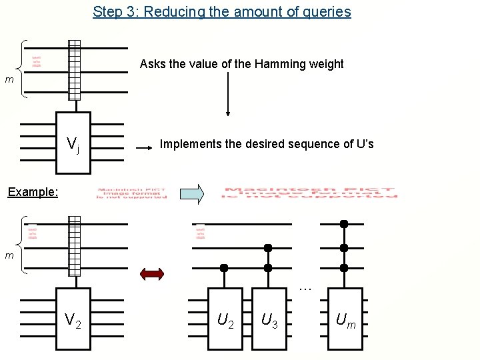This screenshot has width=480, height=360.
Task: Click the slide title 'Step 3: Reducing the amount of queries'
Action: pyautogui.click(x=221, y=11)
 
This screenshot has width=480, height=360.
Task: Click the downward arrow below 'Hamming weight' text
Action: pyautogui.click(x=228, y=94)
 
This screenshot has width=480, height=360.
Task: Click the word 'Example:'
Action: pyautogui.click(x=33, y=192)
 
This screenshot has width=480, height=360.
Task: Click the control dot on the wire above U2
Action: pyautogui.click(x=224, y=268)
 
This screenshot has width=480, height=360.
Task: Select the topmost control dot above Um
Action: pyautogui.click(x=344, y=223)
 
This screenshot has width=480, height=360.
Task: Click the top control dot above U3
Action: pyautogui.click(x=268, y=247)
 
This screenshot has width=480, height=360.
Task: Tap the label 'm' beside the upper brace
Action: pyautogui.click(x=9, y=80)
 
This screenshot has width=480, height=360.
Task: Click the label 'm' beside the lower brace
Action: pyautogui.click(x=9, y=255)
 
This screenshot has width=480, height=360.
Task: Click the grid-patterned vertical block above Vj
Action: pyautogui.click(x=74, y=70)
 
